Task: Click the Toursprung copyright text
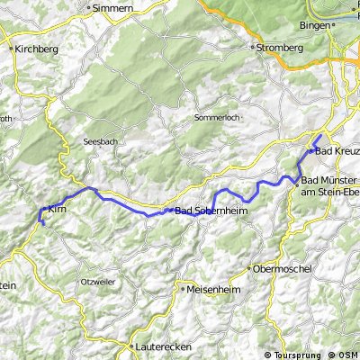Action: click(x=301, y=355)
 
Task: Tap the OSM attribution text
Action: click(x=347, y=355)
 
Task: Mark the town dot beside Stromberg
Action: click(x=254, y=47)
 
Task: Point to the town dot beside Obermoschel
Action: click(x=250, y=268)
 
